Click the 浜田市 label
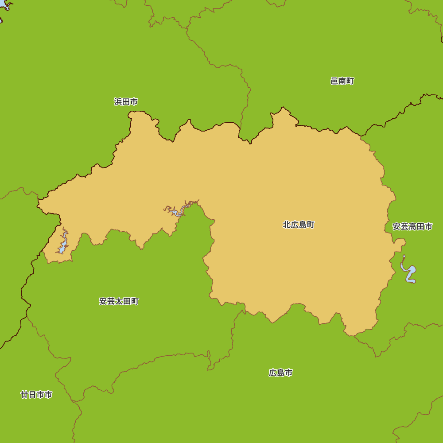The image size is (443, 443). tap(126, 102)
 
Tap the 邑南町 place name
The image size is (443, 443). tap(342, 81)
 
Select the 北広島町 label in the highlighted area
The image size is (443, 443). tap(299, 225)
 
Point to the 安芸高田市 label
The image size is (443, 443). tap(412, 227)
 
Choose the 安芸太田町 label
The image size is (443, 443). tap(119, 301)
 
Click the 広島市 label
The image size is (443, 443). tap(280, 373)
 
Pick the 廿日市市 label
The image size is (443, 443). tap(36, 394)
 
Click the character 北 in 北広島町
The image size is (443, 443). tap(287, 225)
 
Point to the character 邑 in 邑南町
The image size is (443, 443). tap(334, 81)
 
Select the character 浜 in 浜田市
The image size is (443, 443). tap(118, 102)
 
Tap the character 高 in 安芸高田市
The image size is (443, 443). tap(412, 227)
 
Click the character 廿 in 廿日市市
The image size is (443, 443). tap(24, 394)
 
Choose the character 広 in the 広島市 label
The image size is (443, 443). tap(273, 373)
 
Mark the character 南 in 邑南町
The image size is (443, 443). tap(342, 81)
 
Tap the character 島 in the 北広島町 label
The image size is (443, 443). tap(303, 225)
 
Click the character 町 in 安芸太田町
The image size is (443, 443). tap(135, 301)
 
